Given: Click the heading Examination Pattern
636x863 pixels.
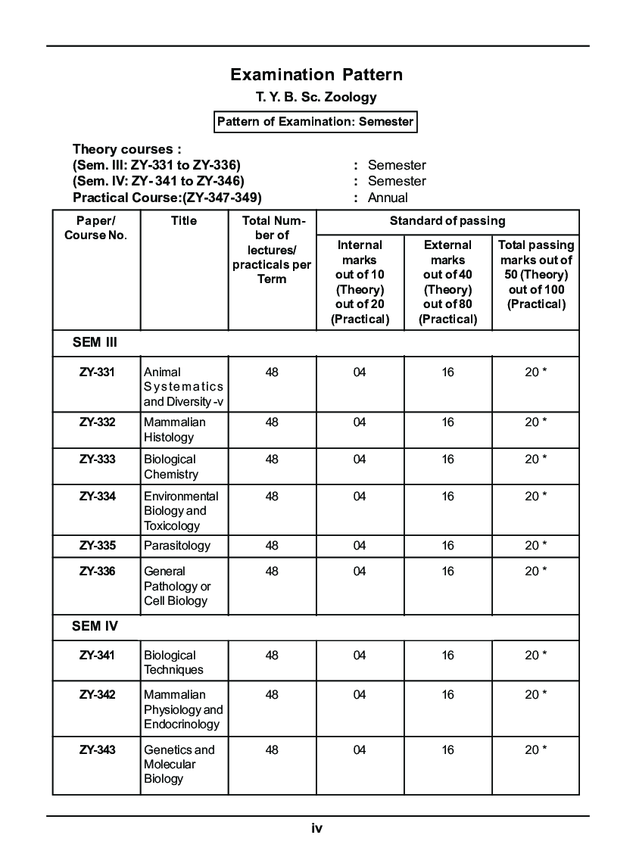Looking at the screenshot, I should click(x=316, y=74).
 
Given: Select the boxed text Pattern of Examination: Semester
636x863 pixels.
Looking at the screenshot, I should click(x=316, y=122).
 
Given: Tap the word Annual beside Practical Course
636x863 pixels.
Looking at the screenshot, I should click(x=388, y=198).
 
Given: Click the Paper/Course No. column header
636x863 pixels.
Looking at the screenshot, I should click(x=95, y=228).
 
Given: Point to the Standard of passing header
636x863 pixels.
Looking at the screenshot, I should click(x=447, y=221).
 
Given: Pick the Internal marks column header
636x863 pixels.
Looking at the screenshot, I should click(x=360, y=282).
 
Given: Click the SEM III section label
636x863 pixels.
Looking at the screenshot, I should click(x=95, y=342).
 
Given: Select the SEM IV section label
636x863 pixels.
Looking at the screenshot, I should click(x=95, y=627).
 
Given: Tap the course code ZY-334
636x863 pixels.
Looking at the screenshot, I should click(x=97, y=497).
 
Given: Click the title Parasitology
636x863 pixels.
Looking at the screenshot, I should click(x=177, y=546).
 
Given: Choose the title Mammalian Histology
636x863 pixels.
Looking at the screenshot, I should click(x=175, y=430).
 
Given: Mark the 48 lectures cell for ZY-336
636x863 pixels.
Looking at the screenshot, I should click(x=272, y=572).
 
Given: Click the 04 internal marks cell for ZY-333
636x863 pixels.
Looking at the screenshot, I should click(x=360, y=460).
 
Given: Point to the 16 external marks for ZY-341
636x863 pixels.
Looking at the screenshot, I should click(x=448, y=656).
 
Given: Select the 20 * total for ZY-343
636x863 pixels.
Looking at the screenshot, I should click(x=535, y=749).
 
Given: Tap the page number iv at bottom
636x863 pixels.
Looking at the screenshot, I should click(x=316, y=828).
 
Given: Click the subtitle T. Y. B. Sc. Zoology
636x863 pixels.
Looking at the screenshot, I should click(x=316, y=98).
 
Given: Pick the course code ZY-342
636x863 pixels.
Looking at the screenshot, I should click(x=97, y=695).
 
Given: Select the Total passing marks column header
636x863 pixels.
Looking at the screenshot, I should click(x=535, y=274).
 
